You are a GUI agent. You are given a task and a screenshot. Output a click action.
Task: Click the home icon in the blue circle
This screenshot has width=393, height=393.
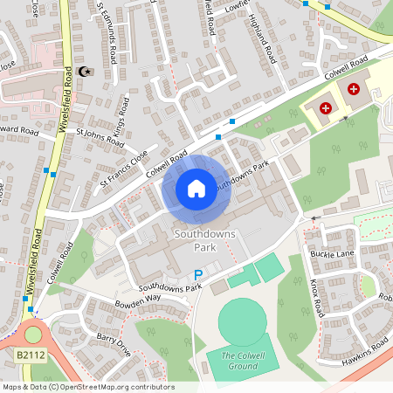(196, 189)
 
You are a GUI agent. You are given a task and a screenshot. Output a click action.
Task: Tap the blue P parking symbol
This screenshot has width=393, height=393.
(198, 274)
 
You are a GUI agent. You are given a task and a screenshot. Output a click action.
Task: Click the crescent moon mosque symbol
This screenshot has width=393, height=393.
(84, 72)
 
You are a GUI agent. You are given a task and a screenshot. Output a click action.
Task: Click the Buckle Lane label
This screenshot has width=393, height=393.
(331, 253)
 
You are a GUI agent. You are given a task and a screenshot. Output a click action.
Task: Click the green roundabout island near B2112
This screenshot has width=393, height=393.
(34, 333)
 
